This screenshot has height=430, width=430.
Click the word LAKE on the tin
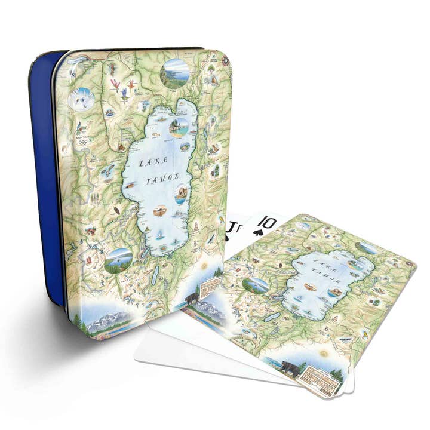(x=149, y=161)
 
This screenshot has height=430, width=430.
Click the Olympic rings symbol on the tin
(x=83, y=142)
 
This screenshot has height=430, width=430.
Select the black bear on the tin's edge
(x=193, y=298)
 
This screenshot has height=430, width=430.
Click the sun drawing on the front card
(x=324, y=354)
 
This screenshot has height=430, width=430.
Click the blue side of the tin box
(x=47, y=179)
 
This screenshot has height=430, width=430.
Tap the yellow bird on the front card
(x=345, y=339)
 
